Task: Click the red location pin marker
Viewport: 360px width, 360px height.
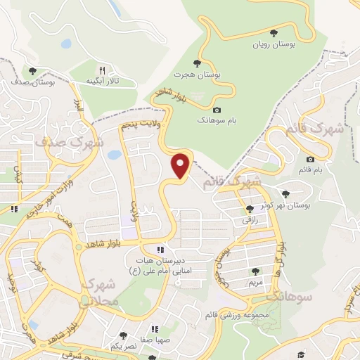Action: [181, 165]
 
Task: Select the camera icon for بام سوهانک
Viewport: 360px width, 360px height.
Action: [216, 110]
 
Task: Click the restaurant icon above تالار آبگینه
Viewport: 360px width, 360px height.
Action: [102, 70]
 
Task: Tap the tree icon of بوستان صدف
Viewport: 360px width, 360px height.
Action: [32, 70]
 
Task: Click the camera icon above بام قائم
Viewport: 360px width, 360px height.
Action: [311, 159]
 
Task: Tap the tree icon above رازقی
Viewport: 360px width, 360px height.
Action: [250, 208]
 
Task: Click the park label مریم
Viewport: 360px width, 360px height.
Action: [255, 281]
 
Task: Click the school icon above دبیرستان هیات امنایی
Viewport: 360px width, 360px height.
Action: [161, 250]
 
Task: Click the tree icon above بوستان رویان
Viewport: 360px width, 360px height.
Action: [274, 32]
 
